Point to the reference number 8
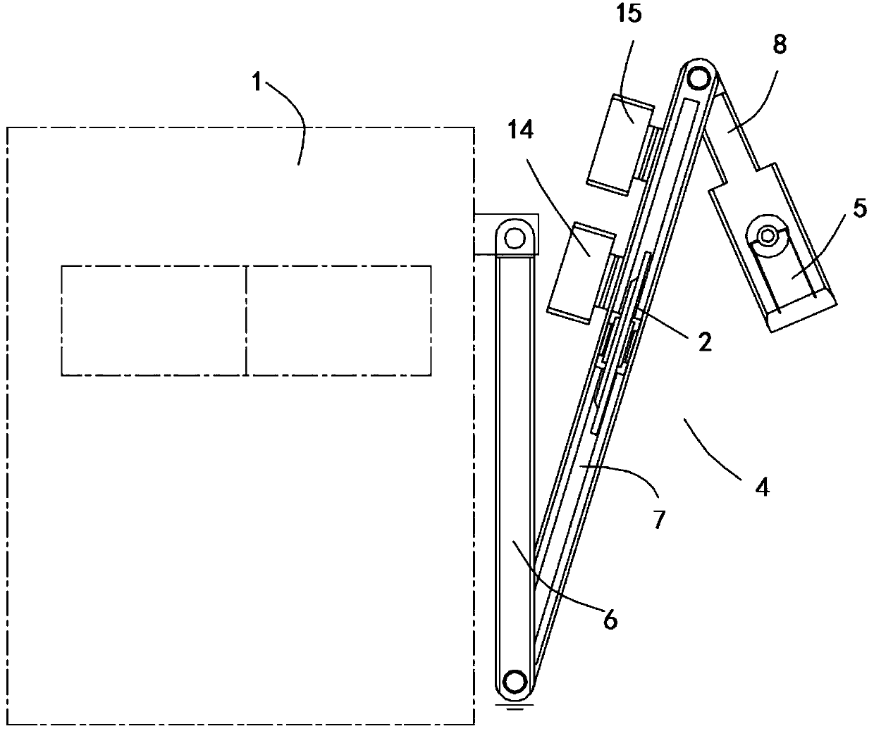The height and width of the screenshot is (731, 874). point(780,44)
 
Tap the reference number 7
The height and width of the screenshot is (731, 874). point(659,520)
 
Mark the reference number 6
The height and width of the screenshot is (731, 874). point(610,620)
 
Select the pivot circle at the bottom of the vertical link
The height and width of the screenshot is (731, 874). point(515,682)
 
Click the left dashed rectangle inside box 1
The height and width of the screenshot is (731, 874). point(154,320)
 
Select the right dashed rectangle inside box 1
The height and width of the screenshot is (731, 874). point(339,320)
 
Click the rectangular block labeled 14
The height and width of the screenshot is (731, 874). point(580,273)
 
